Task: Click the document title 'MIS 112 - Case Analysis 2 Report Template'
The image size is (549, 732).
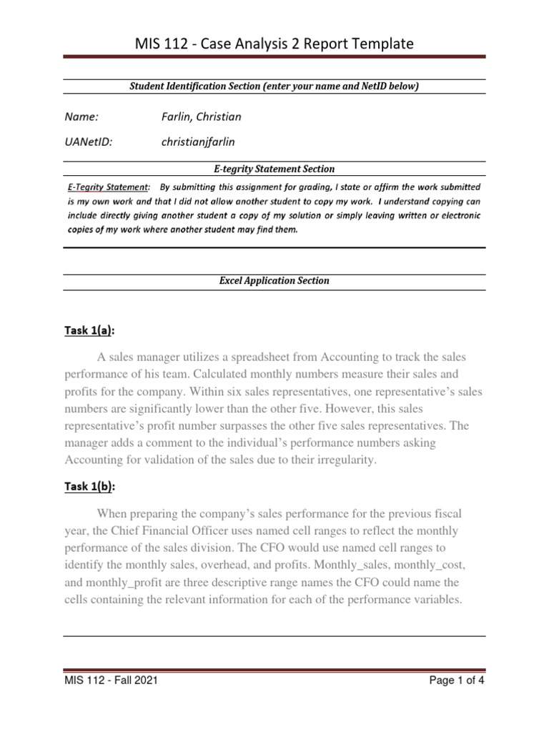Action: [x=274, y=44]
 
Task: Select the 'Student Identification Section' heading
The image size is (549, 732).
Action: [x=274, y=86]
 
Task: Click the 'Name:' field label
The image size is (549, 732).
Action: [x=81, y=117]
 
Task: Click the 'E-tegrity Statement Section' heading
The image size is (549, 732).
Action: [x=274, y=169]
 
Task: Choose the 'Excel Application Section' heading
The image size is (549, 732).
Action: [x=274, y=281]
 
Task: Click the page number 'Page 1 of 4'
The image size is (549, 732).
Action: [x=456, y=681]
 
